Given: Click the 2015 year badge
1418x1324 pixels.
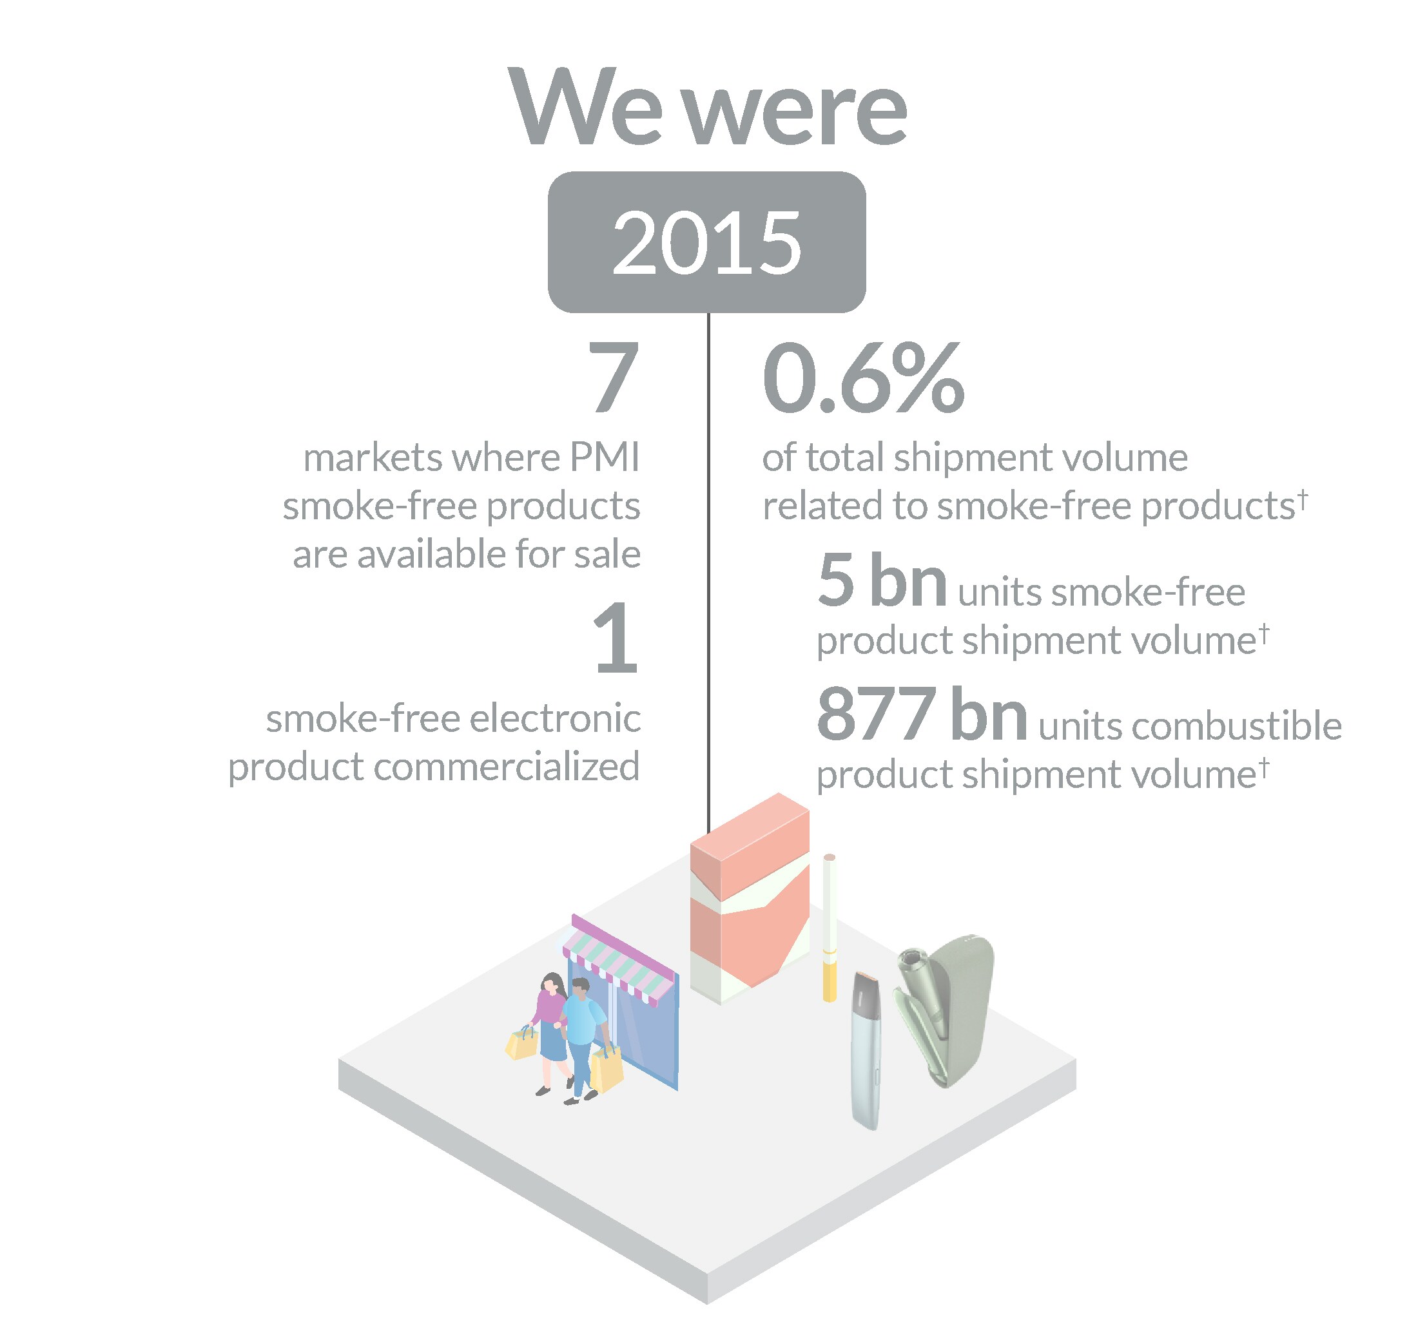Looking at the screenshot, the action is click(x=706, y=242).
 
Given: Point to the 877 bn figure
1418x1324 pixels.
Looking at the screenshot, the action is click(x=922, y=714).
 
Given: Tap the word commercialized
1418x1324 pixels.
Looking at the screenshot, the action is click(x=507, y=767).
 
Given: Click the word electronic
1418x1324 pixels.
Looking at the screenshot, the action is click(x=555, y=718).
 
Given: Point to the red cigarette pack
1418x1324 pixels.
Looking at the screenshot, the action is click(x=750, y=898).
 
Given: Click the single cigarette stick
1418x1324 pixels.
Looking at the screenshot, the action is click(x=830, y=927).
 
